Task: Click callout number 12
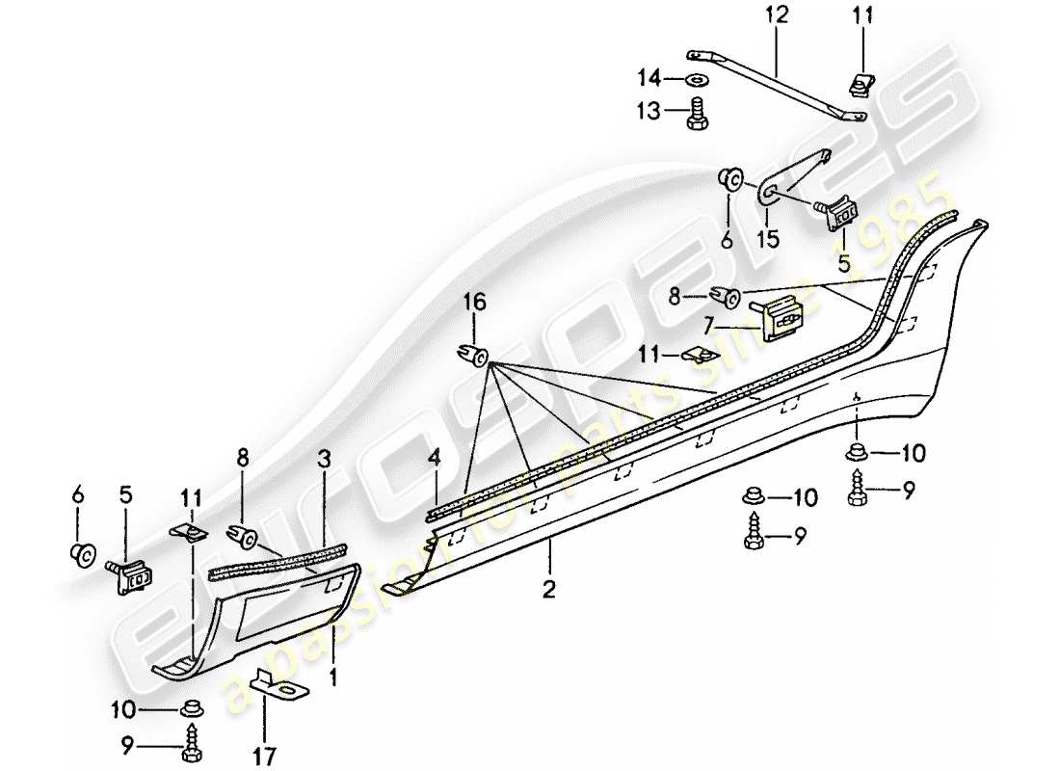pos(777,15)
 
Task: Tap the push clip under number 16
pos(471,354)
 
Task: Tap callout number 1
pos(332,678)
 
